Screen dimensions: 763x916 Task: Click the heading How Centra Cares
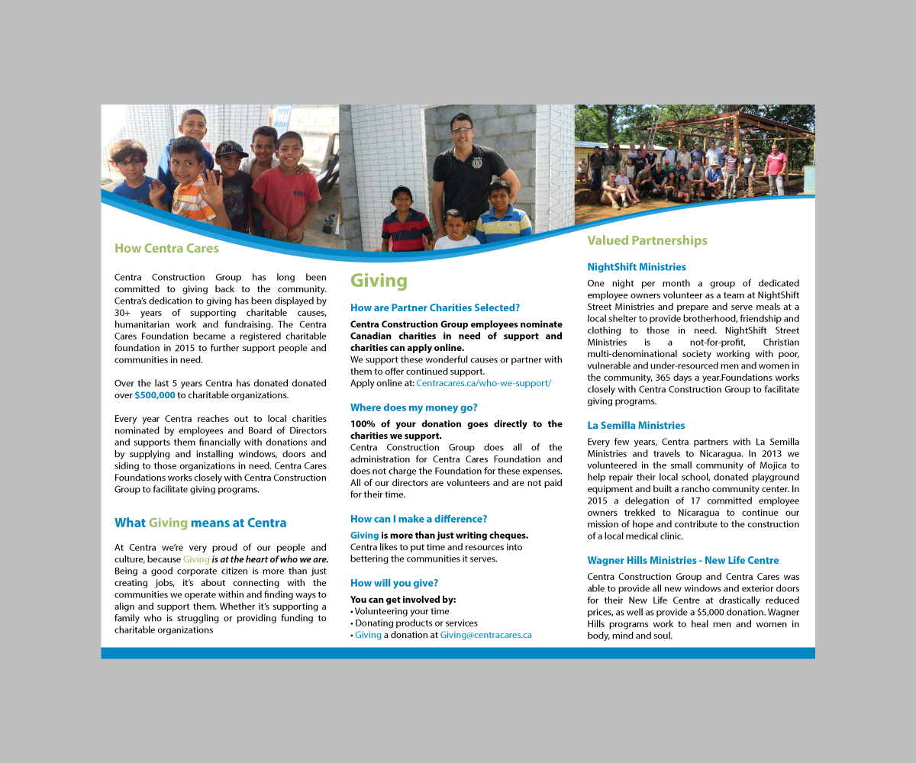point(166,248)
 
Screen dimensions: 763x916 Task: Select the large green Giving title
point(379,281)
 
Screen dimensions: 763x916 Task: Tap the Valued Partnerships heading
point(647,240)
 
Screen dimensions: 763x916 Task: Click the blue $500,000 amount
point(155,395)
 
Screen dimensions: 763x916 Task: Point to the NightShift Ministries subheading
point(637,267)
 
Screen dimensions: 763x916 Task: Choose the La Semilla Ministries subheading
point(636,425)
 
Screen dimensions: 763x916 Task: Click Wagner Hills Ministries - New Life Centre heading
point(683,560)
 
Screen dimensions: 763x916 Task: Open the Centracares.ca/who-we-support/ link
point(483,383)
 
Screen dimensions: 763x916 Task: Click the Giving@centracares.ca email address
point(485,635)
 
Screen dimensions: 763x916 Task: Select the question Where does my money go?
point(414,407)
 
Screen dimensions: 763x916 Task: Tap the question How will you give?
point(394,583)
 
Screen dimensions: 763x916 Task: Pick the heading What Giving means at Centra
point(201,523)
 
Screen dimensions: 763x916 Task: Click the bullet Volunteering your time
point(402,611)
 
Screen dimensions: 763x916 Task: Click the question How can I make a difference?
point(418,519)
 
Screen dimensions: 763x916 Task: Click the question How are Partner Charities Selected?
point(435,307)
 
